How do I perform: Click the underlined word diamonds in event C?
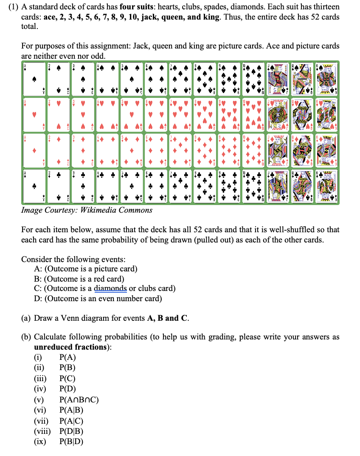tap(110, 288)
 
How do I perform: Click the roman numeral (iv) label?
tap(41, 388)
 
